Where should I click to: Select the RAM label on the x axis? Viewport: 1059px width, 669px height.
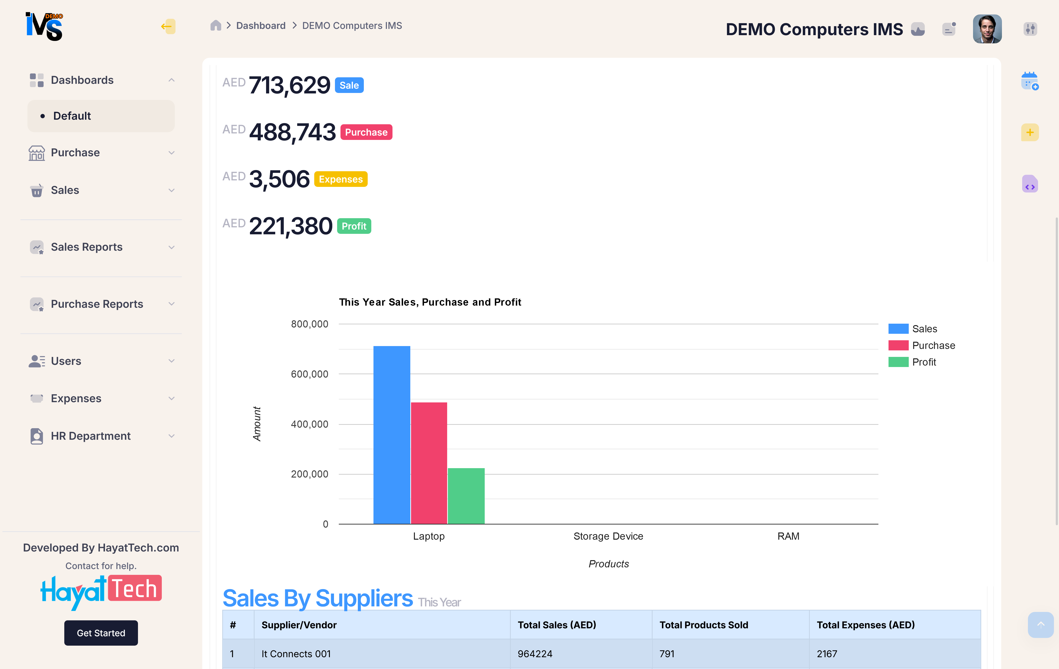pyautogui.click(x=788, y=536)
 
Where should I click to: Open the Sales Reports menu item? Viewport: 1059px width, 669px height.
pyautogui.click(x=87, y=247)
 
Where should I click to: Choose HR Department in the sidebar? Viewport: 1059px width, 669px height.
pyautogui.click(x=91, y=436)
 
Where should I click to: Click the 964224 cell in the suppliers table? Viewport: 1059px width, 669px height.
pyautogui.click(x=535, y=654)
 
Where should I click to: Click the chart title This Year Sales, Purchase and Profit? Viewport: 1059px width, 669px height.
pyautogui.click(x=430, y=302)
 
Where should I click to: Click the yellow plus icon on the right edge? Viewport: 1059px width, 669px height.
pyautogui.click(x=1030, y=132)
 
